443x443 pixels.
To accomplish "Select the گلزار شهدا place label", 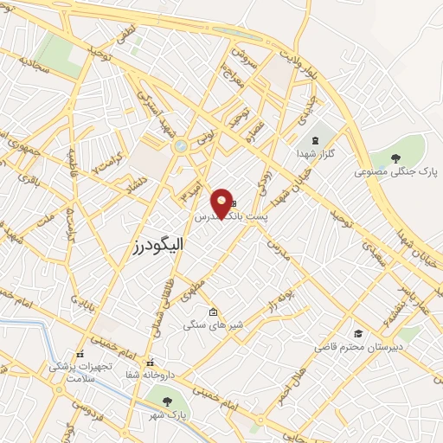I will pyautogui.click(x=314, y=153).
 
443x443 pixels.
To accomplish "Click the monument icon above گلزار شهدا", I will pyautogui.click(x=315, y=139).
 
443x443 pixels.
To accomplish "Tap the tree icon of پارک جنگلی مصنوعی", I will pyautogui.click(x=396, y=157).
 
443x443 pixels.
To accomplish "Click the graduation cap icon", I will pyautogui.click(x=356, y=333).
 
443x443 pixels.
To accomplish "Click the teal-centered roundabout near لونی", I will pyautogui.click(x=180, y=146).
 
